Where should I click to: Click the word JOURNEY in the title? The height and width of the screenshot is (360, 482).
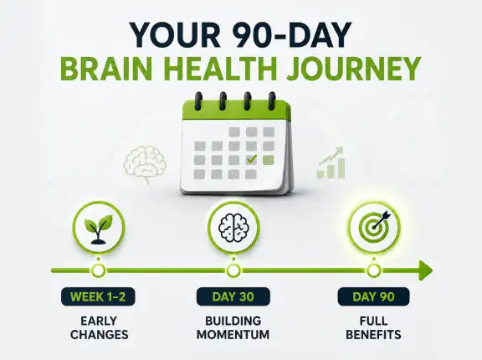point(353,68)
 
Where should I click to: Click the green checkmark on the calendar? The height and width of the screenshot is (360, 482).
point(251,159)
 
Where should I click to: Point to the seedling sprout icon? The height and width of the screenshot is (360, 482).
point(99,229)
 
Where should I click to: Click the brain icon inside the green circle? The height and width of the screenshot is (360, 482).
point(233,228)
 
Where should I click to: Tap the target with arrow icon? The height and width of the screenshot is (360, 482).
point(375,227)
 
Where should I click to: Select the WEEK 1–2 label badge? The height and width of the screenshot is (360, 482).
point(98,296)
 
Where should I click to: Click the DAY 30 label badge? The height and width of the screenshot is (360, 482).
point(233,296)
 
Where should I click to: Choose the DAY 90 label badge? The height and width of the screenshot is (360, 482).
point(373,296)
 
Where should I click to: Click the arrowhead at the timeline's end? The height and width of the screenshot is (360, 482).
point(426,270)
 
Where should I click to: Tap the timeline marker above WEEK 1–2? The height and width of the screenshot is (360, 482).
point(99,271)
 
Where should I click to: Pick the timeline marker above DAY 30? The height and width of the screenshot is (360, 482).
point(233,271)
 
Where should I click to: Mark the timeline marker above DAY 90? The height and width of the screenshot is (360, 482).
point(374,271)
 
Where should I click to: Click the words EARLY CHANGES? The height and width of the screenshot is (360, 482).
point(99,327)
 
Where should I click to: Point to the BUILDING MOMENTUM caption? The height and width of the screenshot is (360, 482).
point(233,327)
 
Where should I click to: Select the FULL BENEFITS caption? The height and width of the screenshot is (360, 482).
point(373,327)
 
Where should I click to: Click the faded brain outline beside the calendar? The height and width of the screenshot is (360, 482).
point(145,164)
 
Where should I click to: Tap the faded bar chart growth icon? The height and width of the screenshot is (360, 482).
point(331,163)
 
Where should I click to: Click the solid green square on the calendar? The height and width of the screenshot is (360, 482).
point(269,160)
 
